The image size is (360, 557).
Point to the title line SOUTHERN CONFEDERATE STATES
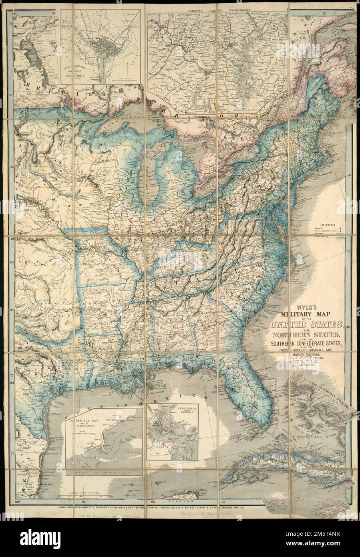[307, 343]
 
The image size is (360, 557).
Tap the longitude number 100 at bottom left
[17, 502]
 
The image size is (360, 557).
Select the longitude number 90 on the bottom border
[152, 502]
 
